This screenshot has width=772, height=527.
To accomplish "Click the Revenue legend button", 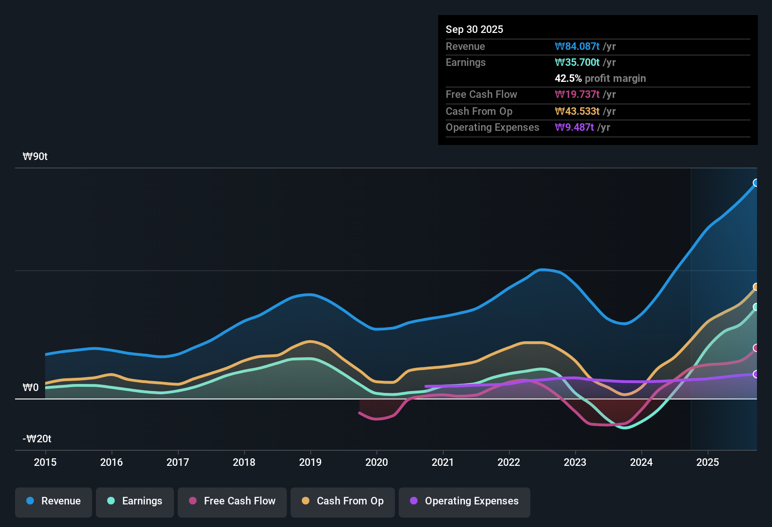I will [x=54, y=501].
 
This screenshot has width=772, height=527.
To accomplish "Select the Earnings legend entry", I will [x=135, y=501].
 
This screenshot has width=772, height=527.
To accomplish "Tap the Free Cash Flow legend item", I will [x=232, y=501].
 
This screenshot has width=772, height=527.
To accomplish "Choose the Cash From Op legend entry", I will [x=343, y=501].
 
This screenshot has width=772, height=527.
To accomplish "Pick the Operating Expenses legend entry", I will [x=465, y=501].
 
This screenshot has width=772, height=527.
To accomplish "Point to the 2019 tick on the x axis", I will [x=310, y=462].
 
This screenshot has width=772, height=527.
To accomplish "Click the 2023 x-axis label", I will [x=575, y=462].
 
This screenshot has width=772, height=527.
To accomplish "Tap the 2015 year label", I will [x=45, y=462].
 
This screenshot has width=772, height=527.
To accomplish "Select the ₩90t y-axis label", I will [x=35, y=157].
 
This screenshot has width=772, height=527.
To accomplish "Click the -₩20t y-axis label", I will [x=37, y=439].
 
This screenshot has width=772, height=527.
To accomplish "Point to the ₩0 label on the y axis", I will [x=31, y=388].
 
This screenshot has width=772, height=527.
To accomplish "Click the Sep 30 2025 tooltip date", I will [x=474, y=29].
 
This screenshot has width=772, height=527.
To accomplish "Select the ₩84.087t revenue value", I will [x=577, y=46].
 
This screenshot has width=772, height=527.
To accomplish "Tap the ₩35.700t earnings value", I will [x=577, y=62].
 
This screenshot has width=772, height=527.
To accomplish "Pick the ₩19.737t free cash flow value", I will [x=577, y=94].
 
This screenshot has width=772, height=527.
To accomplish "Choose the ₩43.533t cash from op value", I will [x=577, y=111].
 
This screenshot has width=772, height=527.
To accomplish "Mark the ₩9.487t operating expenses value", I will [x=575, y=127].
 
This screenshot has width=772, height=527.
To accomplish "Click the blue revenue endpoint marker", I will [x=756, y=183].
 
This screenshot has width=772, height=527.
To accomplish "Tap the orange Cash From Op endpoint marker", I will [x=756, y=287].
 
